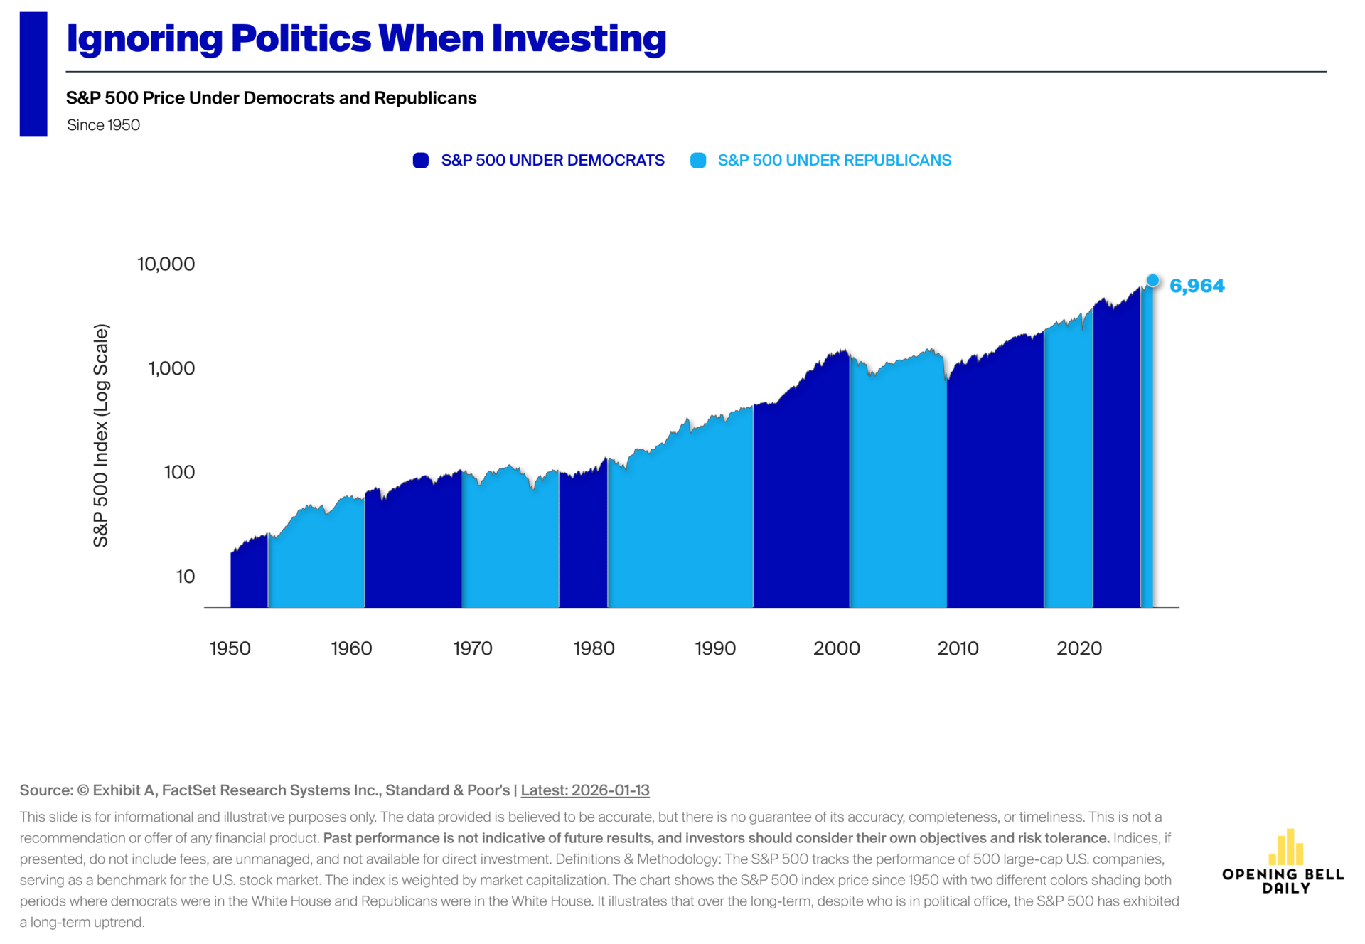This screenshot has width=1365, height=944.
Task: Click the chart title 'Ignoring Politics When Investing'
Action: [366, 39]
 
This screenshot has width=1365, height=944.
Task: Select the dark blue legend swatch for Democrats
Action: [421, 161]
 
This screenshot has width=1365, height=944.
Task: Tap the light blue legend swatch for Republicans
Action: [698, 161]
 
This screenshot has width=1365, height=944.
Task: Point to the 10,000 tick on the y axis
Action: [166, 264]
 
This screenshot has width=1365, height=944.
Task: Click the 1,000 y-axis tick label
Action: [171, 368]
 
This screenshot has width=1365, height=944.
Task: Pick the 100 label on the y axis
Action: [179, 472]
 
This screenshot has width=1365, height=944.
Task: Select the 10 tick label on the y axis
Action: [185, 576]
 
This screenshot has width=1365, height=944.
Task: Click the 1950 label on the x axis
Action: [230, 648]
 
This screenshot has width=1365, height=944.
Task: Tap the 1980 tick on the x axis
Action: [594, 648]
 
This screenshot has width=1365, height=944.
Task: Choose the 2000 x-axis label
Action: [837, 648]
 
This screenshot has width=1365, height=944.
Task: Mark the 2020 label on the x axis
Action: [1079, 648]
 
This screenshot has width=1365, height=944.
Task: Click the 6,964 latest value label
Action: [1197, 286]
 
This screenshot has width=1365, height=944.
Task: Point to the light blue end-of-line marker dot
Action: [1152, 281]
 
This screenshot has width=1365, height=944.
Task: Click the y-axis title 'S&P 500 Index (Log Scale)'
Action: [102, 435]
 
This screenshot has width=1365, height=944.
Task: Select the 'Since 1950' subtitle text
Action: [104, 125]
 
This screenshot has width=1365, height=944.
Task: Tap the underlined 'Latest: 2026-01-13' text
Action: [585, 790]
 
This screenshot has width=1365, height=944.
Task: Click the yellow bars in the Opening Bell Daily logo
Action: [1286, 847]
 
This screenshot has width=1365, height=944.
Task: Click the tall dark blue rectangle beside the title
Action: [33, 74]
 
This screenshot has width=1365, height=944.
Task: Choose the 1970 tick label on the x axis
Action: [473, 648]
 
